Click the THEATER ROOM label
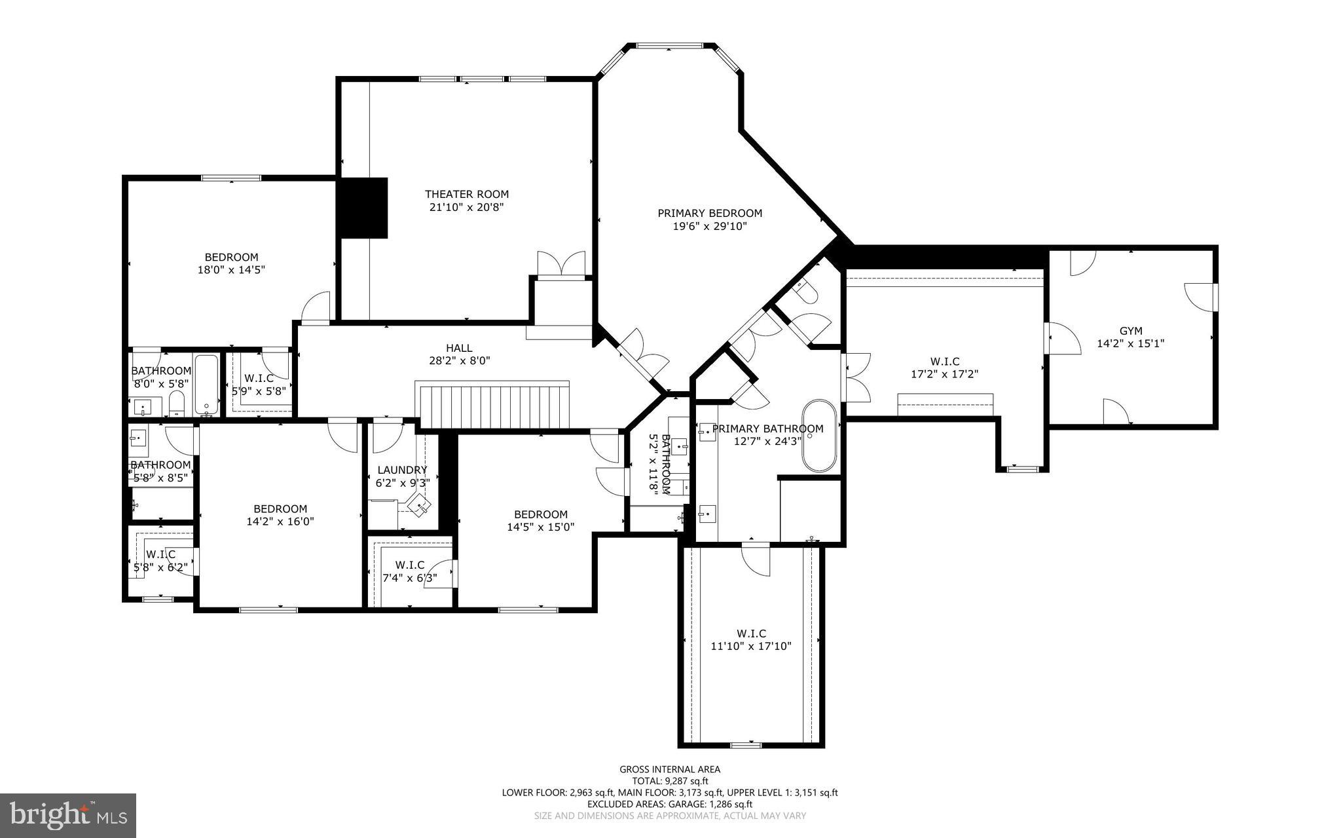tap(466, 194)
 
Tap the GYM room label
tap(1130, 331)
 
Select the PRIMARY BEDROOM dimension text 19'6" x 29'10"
tap(710, 226)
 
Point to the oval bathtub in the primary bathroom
tap(820, 436)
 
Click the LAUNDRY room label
tap(402, 470)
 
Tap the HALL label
tap(459, 348)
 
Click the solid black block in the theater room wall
tap(362, 207)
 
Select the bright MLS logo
tap(68, 815)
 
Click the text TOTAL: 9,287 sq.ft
tap(670, 781)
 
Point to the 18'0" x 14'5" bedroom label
tap(231, 263)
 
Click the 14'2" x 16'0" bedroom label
tap(280, 515)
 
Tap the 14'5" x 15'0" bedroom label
tap(541, 520)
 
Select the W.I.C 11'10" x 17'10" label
tap(751, 639)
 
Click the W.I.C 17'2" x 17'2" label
tap(944, 368)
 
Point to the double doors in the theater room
tap(561, 263)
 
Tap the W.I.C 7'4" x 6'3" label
tap(410, 571)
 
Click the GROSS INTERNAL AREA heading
tap(670, 769)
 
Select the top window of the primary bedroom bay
tap(669, 46)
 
